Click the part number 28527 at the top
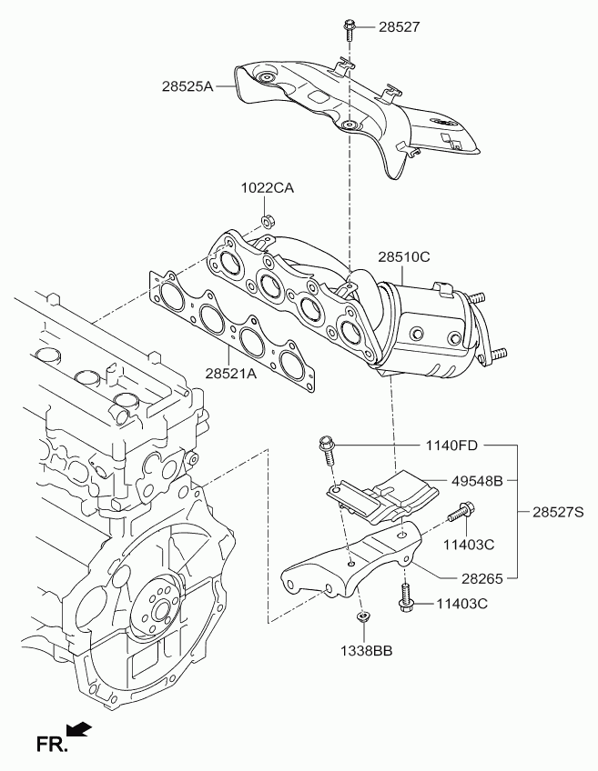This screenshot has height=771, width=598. [x=400, y=26]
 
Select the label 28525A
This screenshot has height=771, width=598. [x=188, y=86]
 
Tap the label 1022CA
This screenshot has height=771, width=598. [x=268, y=188]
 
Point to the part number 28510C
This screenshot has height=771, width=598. [x=403, y=256]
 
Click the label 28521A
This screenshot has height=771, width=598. [x=231, y=374]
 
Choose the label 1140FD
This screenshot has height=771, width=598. [x=451, y=446]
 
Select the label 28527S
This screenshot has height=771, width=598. [x=558, y=513]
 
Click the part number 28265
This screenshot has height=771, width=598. [x=482, y=579]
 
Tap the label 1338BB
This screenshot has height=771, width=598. [x=367, y=651]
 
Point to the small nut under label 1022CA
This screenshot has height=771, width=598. [x=268, y=221]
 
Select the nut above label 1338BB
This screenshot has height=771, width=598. [x=362, y=616]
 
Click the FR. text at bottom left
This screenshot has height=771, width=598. [x=51, y=745]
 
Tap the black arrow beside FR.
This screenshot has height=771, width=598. [x=79, y=729]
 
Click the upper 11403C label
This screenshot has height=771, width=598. [x=469, y=545]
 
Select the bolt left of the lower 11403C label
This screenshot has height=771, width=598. [x=406, y=596]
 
